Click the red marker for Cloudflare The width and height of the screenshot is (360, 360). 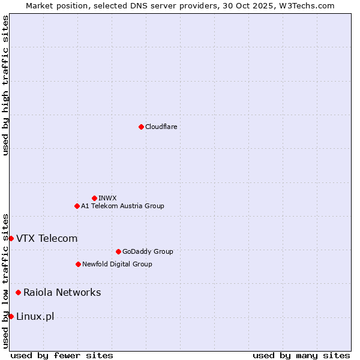coord(141,127)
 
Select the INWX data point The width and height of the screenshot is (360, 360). coord(94,198)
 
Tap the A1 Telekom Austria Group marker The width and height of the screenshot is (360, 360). coord(77,206)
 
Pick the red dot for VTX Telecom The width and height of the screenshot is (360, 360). coord(11,238)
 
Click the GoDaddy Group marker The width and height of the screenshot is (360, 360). coord(118,251)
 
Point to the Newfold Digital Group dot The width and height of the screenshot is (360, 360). coord(78,264)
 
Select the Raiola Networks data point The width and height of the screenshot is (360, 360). coord(19,292)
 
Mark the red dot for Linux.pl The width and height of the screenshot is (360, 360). coord(11,316)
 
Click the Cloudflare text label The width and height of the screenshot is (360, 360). coord(161,127)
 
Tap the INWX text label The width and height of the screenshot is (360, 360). coord(107,198)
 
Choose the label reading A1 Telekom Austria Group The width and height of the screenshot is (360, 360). coord(122,206)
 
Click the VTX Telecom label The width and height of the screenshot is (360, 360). coord(47,238)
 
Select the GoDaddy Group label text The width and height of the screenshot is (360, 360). coord(148,251)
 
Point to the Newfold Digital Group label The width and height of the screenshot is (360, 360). coord(117,264)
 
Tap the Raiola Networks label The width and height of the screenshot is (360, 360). coord(62,292)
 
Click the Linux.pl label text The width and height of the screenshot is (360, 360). coord(35,316)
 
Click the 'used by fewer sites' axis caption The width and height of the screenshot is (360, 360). coord(62,355)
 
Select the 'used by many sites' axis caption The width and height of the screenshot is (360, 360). coord(301,355)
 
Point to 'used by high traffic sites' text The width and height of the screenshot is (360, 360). coord(5,85)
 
